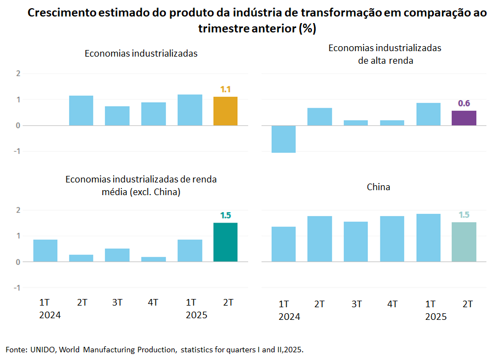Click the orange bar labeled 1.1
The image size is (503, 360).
click(x=225, y=111)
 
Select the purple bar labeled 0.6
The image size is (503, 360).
click(x=464, y=118)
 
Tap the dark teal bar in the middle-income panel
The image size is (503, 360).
click(x=225, y=242)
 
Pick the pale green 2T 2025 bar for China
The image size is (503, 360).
click(x=464, y=241)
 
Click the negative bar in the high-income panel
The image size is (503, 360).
click(x=283, y=139)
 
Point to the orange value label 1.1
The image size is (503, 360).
click(x=225, y=89)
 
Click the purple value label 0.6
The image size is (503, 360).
click(x=464, y=103)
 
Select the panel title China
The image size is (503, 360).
click(x=378, y=187)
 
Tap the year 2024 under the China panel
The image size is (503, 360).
click(x=289, y=317)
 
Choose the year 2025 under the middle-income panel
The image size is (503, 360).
click(x=196, y=315)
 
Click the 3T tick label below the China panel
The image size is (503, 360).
click(x=356, y=304)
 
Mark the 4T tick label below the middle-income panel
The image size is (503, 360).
click(x=153, y=302)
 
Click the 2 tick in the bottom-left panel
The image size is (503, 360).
click(x=18, y=210)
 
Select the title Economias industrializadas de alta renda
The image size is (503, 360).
click(x=384, y=54)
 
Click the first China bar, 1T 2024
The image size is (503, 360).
click(x=283, y=244)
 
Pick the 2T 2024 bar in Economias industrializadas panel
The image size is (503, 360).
click(x=81, y=110)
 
